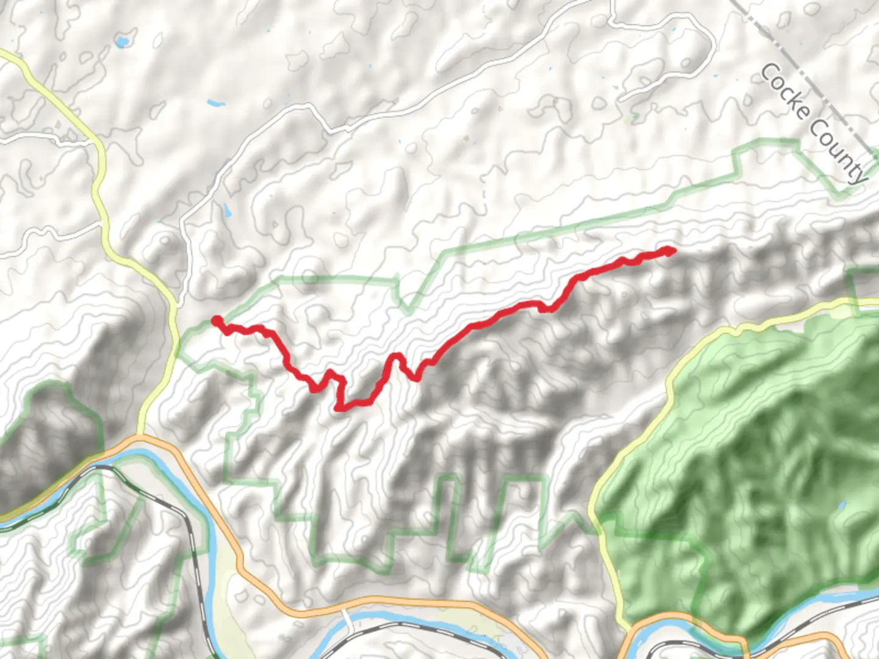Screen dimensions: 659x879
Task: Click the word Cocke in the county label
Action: [x=785, y=92]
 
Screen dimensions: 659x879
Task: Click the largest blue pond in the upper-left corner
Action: [x=122, y=41]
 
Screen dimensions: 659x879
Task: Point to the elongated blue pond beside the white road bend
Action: [x=227, y=211]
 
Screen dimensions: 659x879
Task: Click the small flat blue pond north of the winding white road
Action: [x=215, y=103]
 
